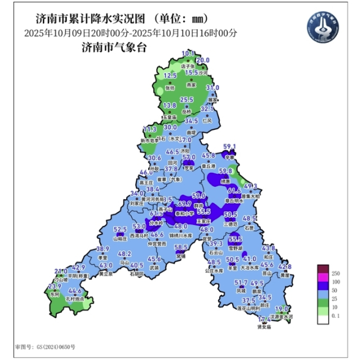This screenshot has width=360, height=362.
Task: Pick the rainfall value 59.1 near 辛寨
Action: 229,146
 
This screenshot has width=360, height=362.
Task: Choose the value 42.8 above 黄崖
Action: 285,267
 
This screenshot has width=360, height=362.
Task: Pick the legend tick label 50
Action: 335,289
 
